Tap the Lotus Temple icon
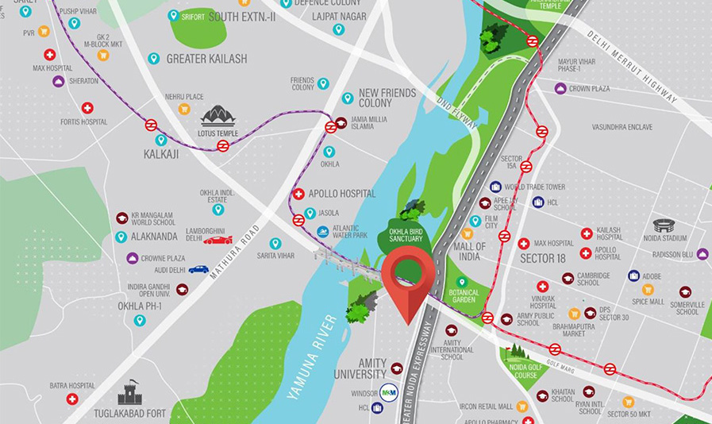[x=218, y=117]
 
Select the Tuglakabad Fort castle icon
[x=130, y=392]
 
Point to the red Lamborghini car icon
[x=217, y=239]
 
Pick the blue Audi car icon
[x=198, y=269]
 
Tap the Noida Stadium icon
[x=664, y=225]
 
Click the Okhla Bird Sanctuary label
[x=406, y=236]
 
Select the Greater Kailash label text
[x=206, y=59]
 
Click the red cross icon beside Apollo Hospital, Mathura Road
[x=298, y=194]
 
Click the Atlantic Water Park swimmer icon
[x=323, y=231]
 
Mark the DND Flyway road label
[x=458, y=113]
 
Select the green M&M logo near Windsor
[x=389, y=392]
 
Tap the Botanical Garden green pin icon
[x=462, y=281]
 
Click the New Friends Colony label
[x=387, y=98]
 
